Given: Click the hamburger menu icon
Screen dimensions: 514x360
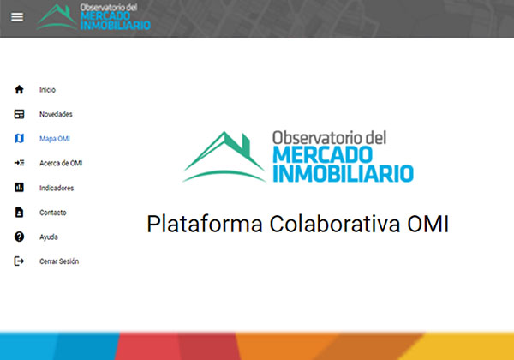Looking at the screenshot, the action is click(x=17, y=17).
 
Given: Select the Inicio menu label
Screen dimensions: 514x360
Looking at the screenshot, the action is click(x=47, y=90).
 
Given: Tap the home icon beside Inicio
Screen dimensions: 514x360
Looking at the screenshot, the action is click(x=19, y=89).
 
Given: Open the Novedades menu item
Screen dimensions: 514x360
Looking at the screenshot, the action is click(x=56, y=114).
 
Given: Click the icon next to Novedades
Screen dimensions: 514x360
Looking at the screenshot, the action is click(x=19, y=114).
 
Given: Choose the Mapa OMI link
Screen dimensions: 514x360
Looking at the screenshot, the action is click(x=55, y=139).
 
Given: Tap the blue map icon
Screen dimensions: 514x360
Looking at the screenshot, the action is click(x=19, y=138).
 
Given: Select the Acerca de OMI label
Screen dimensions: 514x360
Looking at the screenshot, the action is click(x=61, y=163).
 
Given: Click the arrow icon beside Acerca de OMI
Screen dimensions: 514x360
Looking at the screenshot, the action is click(x=19, y=163).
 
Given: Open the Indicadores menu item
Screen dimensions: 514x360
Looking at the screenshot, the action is click(x=57, y=188).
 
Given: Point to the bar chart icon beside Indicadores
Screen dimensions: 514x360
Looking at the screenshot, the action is click(x=19, y=187).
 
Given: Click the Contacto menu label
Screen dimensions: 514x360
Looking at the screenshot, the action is click(x=53, y=213).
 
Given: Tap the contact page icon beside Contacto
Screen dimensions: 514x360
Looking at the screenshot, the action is click(x=19, y=212).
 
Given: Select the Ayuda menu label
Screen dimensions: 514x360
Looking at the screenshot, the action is click(x=49, y=237).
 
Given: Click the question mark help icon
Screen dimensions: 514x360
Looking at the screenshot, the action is click(x=19, y=237).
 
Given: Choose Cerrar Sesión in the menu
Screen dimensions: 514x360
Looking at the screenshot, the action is click(x=59, y=261).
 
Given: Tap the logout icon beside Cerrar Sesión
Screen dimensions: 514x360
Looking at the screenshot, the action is click(x=19, y=261).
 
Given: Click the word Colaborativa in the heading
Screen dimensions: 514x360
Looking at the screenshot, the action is click(x=335, y=224).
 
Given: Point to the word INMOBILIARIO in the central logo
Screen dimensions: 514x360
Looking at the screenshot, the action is click(x=343, y=174).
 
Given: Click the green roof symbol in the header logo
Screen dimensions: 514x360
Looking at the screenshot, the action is click(x=57, y=17).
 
